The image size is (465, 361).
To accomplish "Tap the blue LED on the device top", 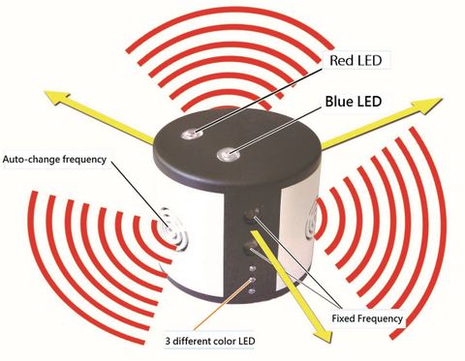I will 229,153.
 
